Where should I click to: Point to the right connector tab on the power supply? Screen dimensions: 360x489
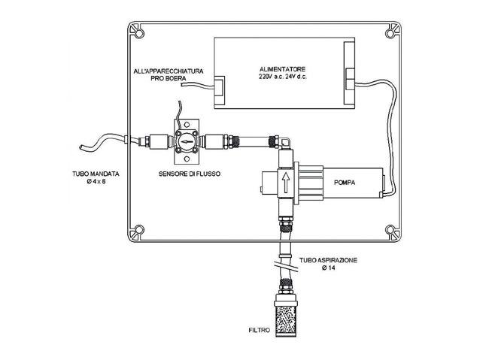tap(349, 74)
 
